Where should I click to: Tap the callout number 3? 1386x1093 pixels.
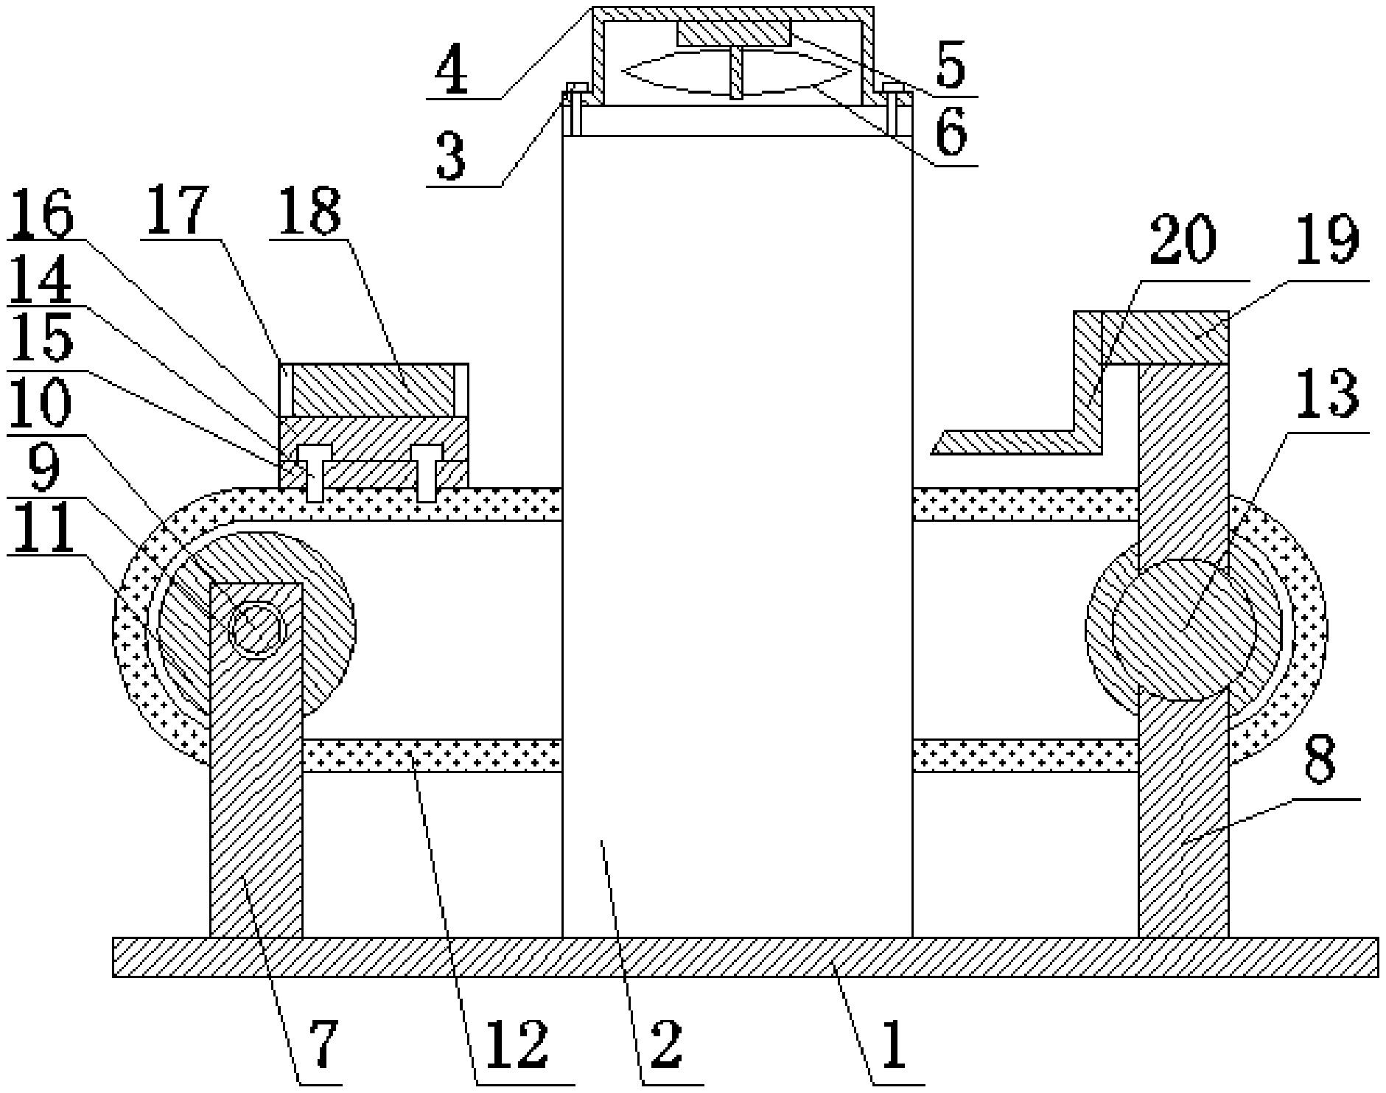click(451, 158)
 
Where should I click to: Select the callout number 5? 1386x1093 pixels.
click(951, 68)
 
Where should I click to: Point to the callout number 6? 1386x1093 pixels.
click(951, 136)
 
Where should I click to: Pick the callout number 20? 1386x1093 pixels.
click(1182, 242)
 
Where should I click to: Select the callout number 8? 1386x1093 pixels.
click(1319, 762)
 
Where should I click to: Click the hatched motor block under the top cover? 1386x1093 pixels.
click(733, 33)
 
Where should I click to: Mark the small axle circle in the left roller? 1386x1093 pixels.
click(256, 629)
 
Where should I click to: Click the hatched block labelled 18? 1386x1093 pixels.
click(373, 390)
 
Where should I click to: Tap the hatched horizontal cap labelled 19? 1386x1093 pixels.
click(1165, 338)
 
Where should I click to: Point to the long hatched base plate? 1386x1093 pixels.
click(744, 957)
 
